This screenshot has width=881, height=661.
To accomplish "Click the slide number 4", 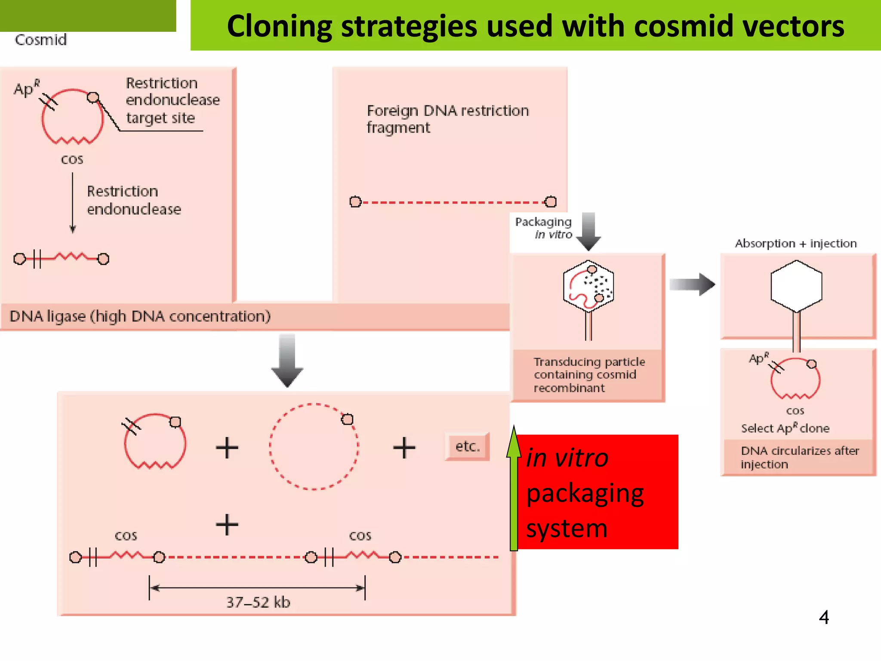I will (x=824, y=618).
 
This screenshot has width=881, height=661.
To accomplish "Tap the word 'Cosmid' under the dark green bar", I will (x=41, y=40).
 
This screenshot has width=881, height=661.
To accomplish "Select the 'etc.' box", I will (x=467, y=446).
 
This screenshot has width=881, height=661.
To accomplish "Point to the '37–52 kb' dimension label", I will (x=258, y=602).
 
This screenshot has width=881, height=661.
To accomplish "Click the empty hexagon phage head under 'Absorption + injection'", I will (x=796, y=286).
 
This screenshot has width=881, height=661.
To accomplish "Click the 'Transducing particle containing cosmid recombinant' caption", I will (x=588, y=375).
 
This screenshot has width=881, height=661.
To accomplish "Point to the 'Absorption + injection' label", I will (x=795, y=244).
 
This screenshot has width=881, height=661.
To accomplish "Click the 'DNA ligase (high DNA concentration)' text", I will (x=140, y=316).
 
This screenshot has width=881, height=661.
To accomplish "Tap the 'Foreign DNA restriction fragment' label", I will (x=447, y=119).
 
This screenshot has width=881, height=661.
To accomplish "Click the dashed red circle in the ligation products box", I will (x=314, y=447).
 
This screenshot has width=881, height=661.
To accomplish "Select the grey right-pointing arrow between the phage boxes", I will (x=692, y=284).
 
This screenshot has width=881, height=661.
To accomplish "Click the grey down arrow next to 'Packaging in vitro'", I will (x=588, y=232).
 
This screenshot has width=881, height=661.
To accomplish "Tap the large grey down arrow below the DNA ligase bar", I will (x=287, y=361).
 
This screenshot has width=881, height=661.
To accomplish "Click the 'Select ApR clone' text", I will (x=785, y=428).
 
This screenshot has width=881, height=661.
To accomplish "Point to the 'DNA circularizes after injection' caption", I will (x=799, y=457).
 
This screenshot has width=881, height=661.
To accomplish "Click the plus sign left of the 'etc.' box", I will (x=404, y=448).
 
